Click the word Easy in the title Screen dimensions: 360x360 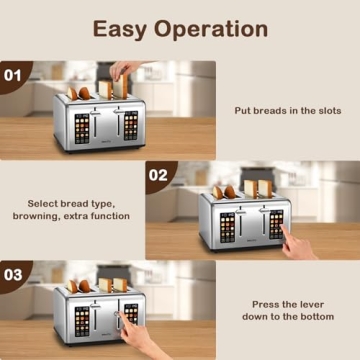pyautogui.click(x=124, y=28)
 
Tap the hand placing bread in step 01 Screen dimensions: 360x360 pyautogui.click(x=125, y=70)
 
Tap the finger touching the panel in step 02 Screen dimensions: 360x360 pyautogui.click(x=288, y=238)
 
